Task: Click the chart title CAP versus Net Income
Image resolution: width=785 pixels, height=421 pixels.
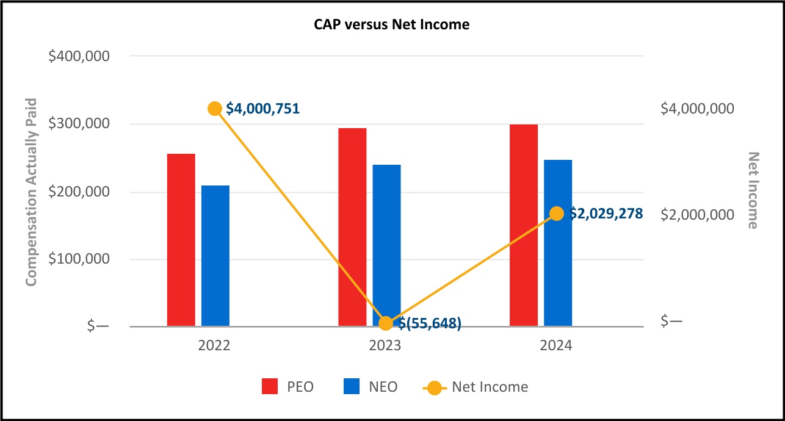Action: (392, 25)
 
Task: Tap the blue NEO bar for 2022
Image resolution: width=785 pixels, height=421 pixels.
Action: (215, 256)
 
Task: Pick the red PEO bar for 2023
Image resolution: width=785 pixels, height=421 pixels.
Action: (352, 227)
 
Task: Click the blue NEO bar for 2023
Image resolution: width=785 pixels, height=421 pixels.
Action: (386, 244)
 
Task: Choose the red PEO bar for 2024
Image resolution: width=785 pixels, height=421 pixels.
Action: (524, 225)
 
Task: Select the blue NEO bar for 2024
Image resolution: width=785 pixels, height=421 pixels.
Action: (558, 243)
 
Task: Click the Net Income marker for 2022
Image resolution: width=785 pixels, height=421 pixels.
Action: (214, 109)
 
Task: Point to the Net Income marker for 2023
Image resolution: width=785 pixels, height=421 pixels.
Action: (386, 323)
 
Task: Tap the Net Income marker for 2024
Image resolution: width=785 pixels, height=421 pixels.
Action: (557, 214)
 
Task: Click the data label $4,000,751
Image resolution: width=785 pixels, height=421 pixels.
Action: (263, 109)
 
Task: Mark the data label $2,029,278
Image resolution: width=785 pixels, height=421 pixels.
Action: (606, 214)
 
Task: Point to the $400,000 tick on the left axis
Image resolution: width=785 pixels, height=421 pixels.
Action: (79, 56)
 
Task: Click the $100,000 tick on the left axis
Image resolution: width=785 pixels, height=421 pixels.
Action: (79, 259)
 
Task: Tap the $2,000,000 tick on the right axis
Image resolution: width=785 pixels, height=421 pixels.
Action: (697, 215)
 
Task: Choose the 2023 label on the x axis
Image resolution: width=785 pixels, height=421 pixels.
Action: (385, 346)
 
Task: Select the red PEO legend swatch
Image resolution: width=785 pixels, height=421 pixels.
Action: (270, 387)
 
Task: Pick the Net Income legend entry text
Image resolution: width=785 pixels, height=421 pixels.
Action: (490, 387)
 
